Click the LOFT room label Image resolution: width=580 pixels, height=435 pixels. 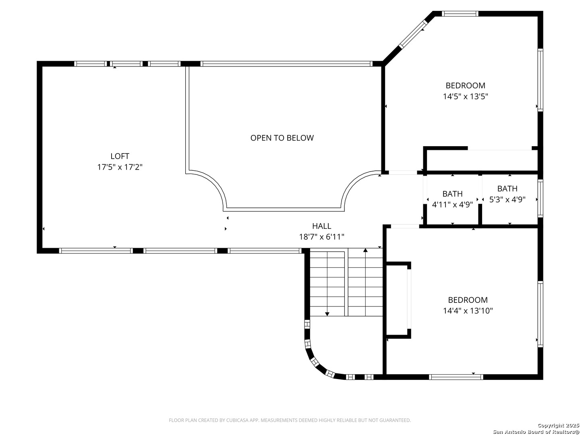pos(120,156)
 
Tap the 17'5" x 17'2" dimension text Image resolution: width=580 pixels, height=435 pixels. pos(120,167)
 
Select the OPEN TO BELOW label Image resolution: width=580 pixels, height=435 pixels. pos(282,138)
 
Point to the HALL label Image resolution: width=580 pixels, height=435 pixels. pos(321,226)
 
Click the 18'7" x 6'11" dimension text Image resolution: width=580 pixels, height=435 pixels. pos(321,237)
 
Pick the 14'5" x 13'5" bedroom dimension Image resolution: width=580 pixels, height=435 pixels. pos(465,96)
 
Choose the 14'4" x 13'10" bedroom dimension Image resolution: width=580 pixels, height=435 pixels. pos(468,310)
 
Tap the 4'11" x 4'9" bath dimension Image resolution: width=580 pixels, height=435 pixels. pos(452,205)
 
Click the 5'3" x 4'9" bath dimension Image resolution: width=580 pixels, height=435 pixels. pos(507,199)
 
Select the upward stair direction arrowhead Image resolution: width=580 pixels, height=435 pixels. pos(365,250)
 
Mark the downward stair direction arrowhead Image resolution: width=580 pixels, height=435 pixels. pos(327,314)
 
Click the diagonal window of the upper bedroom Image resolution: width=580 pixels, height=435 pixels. pos(412,34)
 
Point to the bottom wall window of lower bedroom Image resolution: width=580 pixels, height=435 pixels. pos(456,377)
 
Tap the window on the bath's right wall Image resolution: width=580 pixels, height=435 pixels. pos(540,198)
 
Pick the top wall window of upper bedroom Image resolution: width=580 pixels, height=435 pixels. pos(460,14)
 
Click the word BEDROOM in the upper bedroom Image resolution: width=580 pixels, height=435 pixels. pos(465,85)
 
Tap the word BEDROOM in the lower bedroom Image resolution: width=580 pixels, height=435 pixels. pos(468,300)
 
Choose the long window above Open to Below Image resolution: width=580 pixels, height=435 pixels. pos(286,64)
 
